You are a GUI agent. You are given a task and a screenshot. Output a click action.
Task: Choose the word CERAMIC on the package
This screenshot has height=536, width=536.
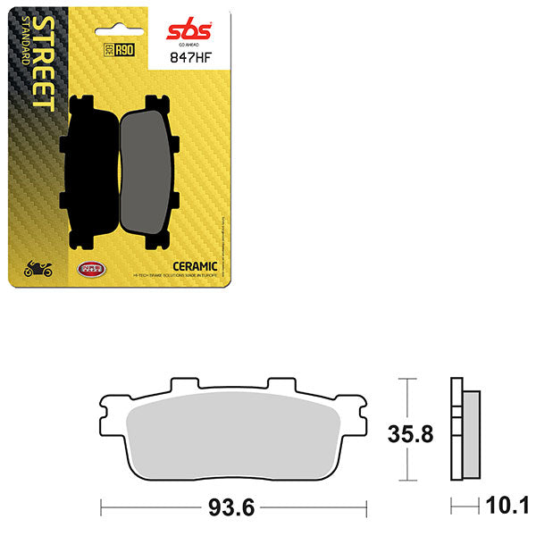coord(193,266)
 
